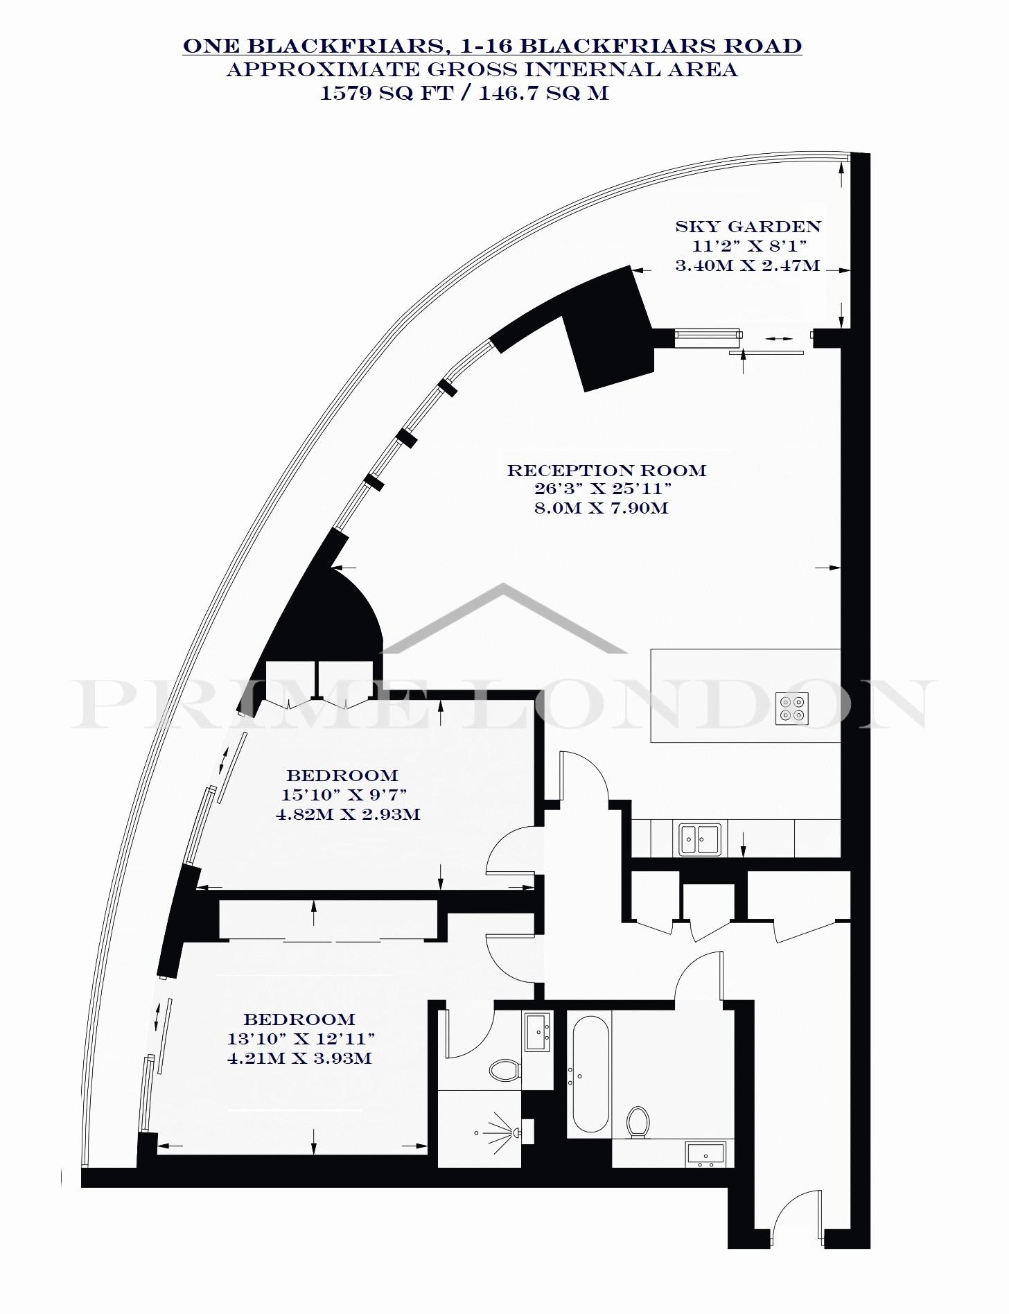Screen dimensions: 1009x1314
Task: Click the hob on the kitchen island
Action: coord(792,708)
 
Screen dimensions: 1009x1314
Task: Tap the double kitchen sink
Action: coord(699,839)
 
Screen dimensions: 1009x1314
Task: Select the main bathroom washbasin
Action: coord(705,1155)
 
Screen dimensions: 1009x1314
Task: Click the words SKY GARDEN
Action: coord(748,227)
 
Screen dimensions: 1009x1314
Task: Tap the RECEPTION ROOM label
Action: coord(606,471)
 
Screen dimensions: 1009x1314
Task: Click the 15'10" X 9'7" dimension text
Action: coord(344,795)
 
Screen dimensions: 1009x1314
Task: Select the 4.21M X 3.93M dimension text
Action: coord(299,1058)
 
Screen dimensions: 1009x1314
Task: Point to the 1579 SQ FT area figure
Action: coord(385,93)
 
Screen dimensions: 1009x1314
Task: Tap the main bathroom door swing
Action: coord(699,976)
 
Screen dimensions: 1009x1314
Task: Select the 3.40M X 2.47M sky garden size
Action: coord(748,265)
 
